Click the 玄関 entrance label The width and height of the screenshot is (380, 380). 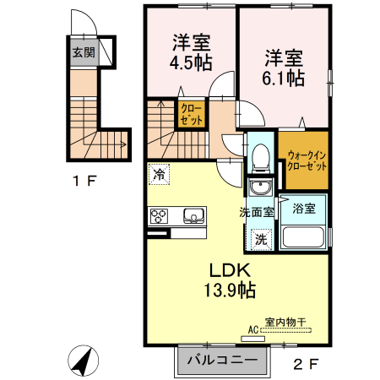tap(83, 52)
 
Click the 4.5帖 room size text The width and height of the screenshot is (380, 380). tap(191, 62)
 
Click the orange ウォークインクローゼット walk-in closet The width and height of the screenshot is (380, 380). tap(303, 160)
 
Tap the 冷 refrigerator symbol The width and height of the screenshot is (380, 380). tap(159, 175)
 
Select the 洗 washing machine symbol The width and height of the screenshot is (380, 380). tap(263, 238)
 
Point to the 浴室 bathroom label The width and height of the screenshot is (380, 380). tap(304, 208)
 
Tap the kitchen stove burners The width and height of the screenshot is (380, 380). tap(160, 217)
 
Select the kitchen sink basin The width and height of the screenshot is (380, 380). tap(193, 216)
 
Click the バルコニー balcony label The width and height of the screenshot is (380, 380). tap(221, 361)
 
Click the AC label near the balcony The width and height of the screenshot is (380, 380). tap(252, 331)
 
